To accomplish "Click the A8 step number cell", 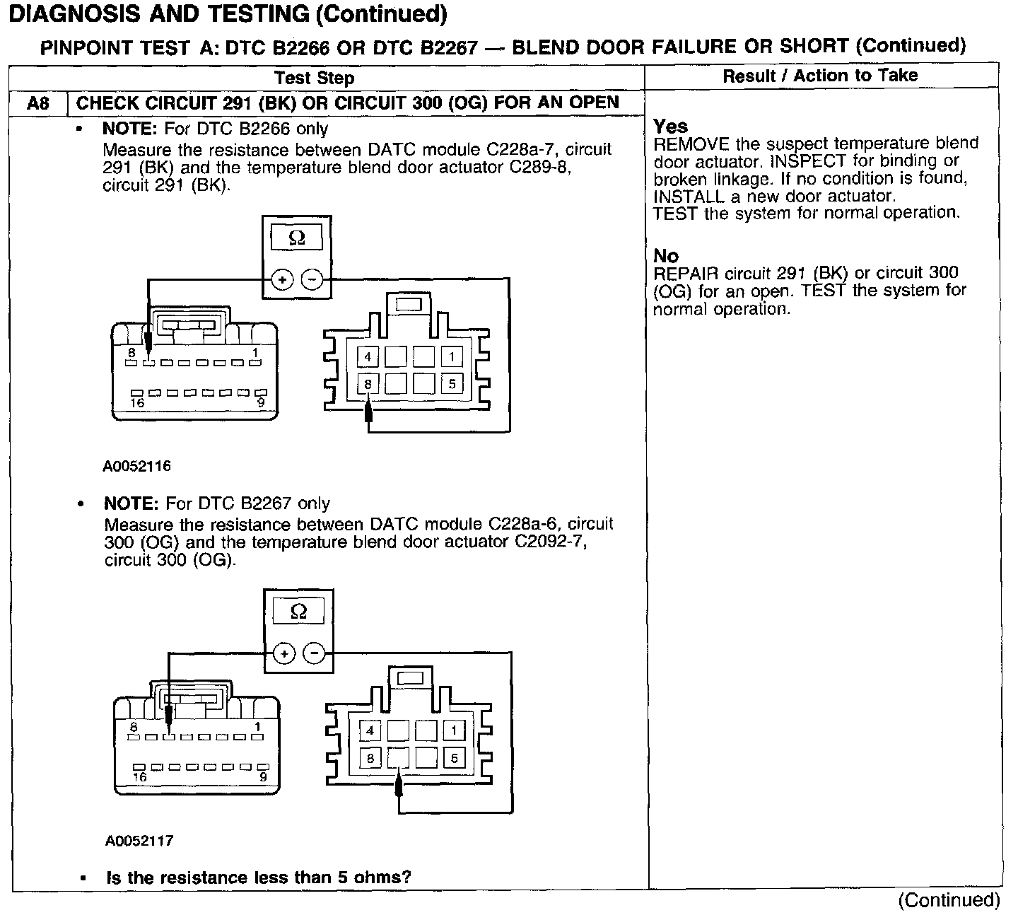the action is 38,103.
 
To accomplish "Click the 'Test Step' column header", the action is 314,78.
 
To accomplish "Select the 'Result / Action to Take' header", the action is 820,76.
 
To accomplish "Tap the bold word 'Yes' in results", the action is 670,127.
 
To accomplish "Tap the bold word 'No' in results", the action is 665,256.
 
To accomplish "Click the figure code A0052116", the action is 137,466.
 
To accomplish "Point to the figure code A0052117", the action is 139,841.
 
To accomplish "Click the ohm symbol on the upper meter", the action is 297,238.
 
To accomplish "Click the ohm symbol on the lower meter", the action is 298,612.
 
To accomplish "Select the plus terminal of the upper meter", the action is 282,280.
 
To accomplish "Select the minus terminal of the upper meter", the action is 312,280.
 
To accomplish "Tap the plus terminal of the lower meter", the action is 284,653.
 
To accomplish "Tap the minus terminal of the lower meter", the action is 314,653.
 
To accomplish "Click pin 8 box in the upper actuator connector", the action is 368,384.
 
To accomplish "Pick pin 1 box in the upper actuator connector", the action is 452,356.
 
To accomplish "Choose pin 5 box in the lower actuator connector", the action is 454,758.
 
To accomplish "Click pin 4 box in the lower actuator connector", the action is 370,730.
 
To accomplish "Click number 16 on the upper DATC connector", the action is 137,403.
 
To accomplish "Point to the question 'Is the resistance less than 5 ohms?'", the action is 259,878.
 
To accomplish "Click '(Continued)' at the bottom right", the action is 949,899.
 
